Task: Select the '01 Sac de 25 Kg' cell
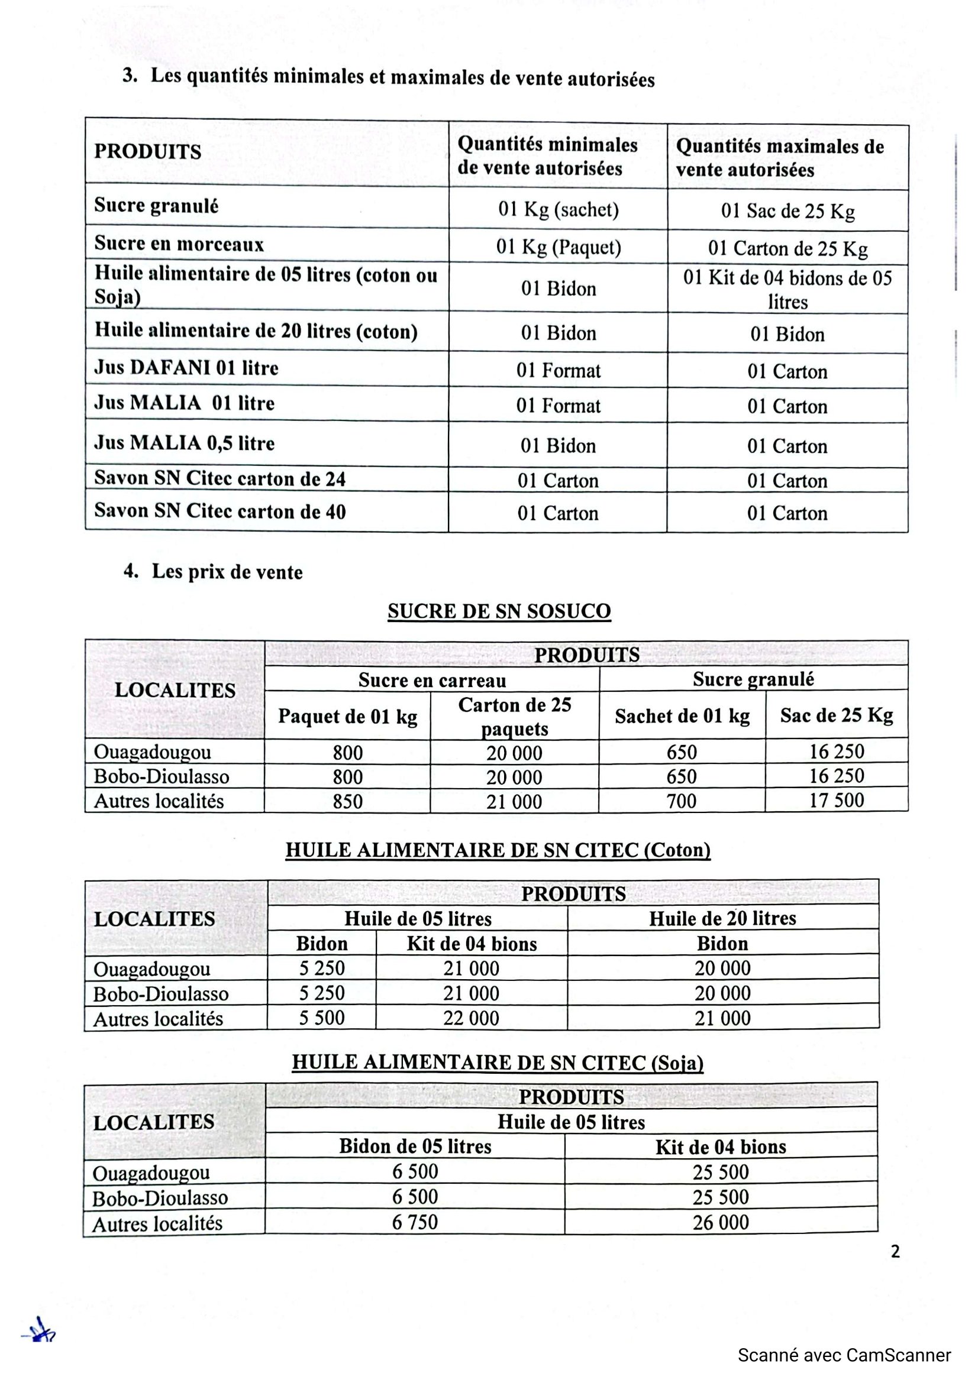tap(787, 211)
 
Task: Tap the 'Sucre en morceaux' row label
tap(179, 244)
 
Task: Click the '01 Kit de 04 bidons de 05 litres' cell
tap(787, 289)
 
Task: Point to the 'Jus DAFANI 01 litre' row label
tap(186, 367)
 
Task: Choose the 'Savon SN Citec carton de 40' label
tap(220, 511)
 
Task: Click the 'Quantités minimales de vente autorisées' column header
tap(547, 156)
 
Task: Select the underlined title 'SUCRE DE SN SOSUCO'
tap(499, 611)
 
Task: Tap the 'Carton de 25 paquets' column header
tap(515, 715)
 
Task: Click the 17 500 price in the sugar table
tap(837, 800)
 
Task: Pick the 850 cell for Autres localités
tap(348, 801)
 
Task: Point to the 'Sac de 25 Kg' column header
tap(837, 715)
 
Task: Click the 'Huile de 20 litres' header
tap(722, 918)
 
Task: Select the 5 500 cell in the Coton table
tap(322, 1018)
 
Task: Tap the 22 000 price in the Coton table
tap(471, 1018)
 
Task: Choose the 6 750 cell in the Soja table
tap(415, 1222)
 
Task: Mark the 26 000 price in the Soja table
tap(721, 1222)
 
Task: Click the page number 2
tap(895, 1252)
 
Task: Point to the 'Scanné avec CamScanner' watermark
tap(844, 1356)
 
